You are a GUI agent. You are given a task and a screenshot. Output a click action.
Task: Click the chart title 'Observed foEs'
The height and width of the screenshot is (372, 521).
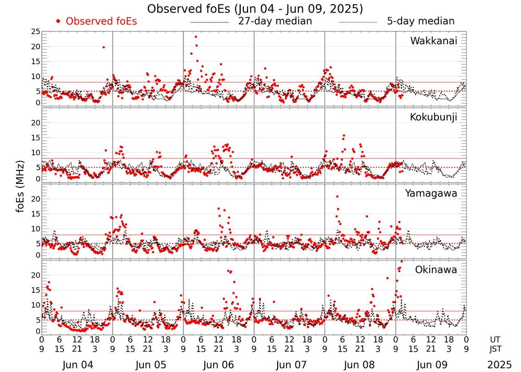255,9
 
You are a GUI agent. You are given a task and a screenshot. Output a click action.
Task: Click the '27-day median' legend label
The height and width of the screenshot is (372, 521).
275,21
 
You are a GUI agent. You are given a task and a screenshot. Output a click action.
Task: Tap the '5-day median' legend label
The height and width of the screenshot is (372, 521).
420,21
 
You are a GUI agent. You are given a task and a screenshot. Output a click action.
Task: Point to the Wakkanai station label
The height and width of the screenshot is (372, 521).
433,41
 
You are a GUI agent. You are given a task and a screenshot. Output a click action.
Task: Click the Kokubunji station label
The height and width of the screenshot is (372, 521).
433,117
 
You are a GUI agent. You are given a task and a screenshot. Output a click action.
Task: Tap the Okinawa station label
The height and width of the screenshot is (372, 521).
436,270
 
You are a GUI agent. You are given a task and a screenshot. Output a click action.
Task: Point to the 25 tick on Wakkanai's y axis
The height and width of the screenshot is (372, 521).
35,32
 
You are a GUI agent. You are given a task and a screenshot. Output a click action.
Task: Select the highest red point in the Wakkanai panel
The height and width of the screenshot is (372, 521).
196,36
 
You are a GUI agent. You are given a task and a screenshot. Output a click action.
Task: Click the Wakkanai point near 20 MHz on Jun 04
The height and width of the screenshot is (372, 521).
104,47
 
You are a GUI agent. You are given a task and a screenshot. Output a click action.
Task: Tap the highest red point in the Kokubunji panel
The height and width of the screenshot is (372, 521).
344,135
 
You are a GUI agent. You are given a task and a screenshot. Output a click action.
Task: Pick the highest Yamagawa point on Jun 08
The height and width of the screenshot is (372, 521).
337,196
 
